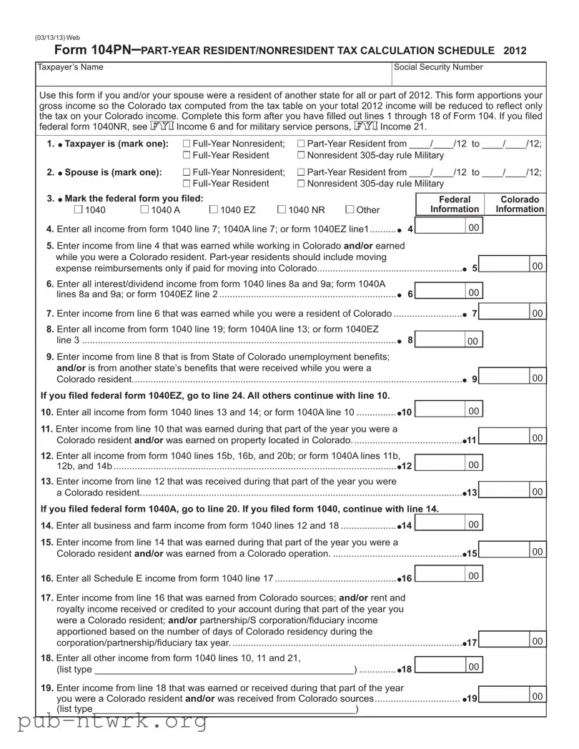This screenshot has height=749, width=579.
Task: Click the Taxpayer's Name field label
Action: pyautogui.click(x=70, y=67)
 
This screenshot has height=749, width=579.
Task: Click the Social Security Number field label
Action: pyautogui.click(x=438, y=67)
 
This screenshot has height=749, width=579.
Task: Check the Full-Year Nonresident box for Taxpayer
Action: pyautogui.click(x=187, y=144)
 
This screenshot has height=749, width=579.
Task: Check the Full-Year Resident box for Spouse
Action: pyautogui.click(x=187, y=184)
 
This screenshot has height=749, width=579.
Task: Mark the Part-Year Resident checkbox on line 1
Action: pyautogui.click(x=300, y=144)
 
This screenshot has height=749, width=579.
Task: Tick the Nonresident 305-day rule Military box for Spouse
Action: pyautogui.click(x=300, y=184)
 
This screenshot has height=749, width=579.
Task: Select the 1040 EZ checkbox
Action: pyautogui.click(x=214, y=209)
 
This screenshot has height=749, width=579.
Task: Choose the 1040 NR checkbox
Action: pyautogui.click(x=281, y=209)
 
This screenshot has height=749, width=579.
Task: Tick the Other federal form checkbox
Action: pyautogui.click(x=350, y=209)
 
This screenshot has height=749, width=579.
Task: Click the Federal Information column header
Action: pyautogui.click(x=454, y=204)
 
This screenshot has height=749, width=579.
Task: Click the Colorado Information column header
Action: pyautogui.click(x=520, y=204)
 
